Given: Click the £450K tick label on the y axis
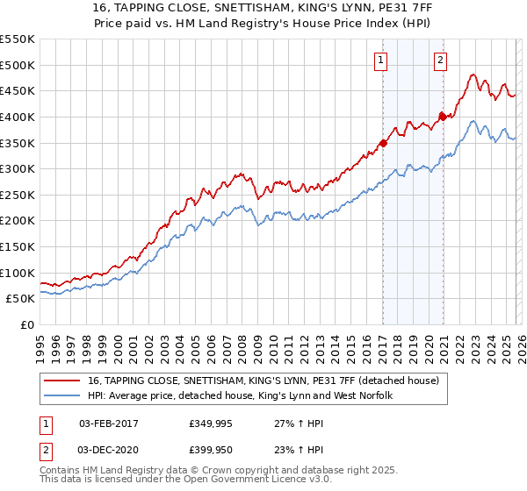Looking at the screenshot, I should [x=18, y=90].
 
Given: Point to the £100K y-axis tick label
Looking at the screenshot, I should [x=18, y=273].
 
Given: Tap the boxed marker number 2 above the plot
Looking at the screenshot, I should [x=440, y=60].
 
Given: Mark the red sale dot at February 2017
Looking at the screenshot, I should [x=383, y=143].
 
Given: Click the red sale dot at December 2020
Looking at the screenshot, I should [x=443, y=116].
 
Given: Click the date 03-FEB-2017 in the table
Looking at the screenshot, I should [x=107, y=423].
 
